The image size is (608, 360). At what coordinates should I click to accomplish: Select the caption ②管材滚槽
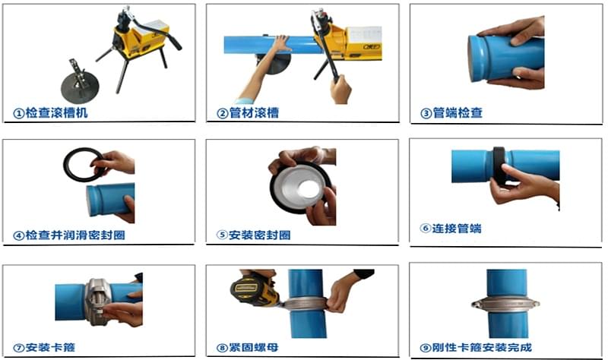tap(248, 114)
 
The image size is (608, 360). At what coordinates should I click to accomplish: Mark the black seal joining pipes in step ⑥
tap(499, 166)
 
